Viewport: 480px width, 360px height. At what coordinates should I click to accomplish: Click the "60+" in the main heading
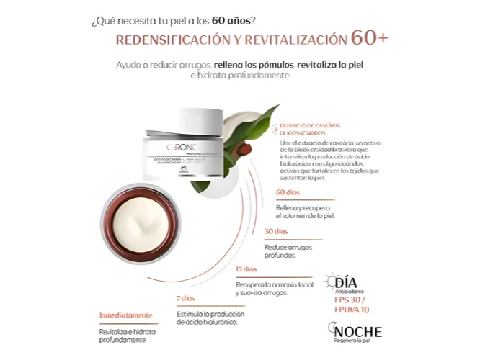[368, 38]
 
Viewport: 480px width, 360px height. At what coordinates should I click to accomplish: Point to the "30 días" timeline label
[276, 232]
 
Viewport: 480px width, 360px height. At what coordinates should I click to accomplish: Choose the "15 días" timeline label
[246, 269]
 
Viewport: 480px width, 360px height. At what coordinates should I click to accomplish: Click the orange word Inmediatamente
[126, 315]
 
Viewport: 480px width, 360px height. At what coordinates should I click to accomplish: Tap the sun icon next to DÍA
[332, 281]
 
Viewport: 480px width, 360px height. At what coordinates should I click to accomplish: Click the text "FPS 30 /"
[350, 300]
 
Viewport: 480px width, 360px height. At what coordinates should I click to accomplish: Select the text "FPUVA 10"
[352, 310]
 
